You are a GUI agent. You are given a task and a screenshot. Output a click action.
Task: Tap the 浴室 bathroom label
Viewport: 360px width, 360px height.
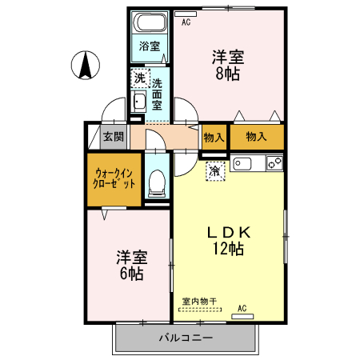point(148,46)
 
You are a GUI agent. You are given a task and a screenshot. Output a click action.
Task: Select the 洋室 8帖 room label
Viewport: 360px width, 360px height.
point(227,65)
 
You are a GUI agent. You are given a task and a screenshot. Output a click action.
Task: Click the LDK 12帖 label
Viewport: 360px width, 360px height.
point(230,240)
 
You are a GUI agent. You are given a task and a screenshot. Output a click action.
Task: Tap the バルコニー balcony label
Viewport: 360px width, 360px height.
point(185,338)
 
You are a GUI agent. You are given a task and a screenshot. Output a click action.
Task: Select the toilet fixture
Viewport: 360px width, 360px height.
point(157,182)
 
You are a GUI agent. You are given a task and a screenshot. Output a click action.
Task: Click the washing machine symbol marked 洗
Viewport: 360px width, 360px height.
point(140,78)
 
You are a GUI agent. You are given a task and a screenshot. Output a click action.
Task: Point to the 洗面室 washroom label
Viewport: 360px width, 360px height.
point(158,93)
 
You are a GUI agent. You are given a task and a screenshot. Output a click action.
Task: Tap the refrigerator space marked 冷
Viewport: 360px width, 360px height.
point(215,170)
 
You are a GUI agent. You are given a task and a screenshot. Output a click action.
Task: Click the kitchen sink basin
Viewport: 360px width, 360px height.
point(242,165)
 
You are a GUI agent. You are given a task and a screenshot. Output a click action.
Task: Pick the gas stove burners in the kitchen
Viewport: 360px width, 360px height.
point(274,164)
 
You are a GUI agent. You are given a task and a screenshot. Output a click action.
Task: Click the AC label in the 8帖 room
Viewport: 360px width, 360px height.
point(186,22)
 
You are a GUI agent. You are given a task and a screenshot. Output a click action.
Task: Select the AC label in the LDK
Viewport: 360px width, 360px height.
point(242,307)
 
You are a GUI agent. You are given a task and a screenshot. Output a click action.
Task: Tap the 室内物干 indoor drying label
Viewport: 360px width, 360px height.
point(200,301)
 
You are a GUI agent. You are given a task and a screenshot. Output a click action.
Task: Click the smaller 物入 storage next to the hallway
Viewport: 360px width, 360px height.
point(213,137)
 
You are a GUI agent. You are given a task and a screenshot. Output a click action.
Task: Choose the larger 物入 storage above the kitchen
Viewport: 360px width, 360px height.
point(256,137)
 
